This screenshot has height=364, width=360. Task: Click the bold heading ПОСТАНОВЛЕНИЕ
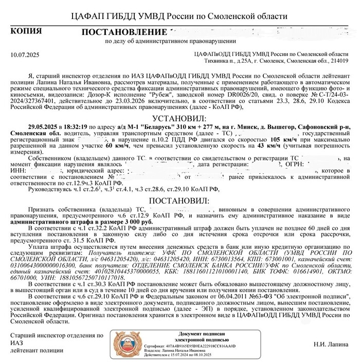pos(121,33)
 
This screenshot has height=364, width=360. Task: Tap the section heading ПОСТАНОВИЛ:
pos(179,199)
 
